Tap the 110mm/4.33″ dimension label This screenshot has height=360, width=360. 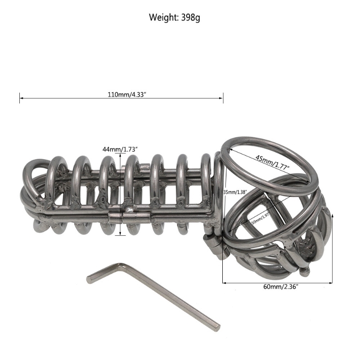coord(121,95)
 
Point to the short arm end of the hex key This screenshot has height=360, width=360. coord(89,279)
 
